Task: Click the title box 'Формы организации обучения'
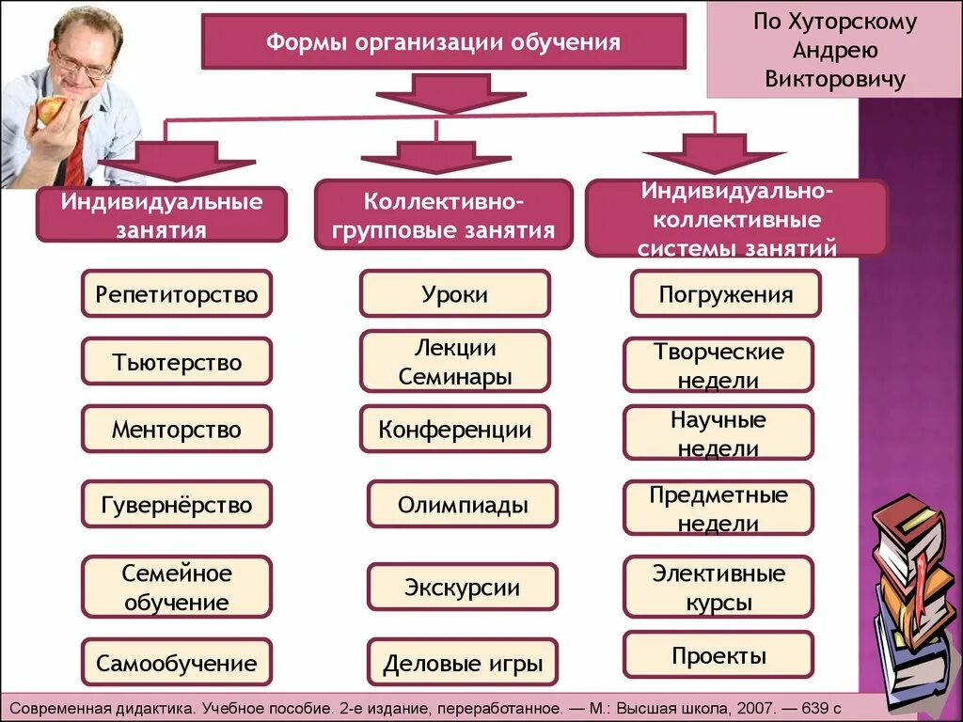pos(443,42)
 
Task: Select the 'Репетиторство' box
pos(176,294)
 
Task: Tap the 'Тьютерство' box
pos(176,362)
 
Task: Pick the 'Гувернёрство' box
pos(176,505)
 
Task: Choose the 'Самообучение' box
pos(176,664)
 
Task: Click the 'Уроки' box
pos(454,294)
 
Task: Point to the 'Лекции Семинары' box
pos(454,362)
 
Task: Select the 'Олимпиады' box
pos(462,505)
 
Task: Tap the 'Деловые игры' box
pos(462,664)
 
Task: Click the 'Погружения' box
pos(725,294)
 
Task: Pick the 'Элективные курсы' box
pos(718,587)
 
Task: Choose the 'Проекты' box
pos(718,655)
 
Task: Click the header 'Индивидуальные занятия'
pos(162,215)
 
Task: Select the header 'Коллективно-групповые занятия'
pos(444,215)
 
